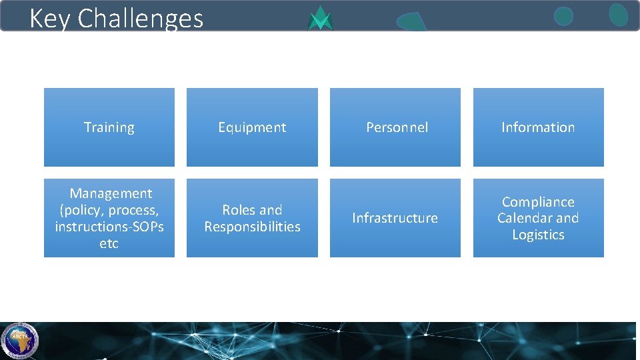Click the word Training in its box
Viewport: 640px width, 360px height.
109,127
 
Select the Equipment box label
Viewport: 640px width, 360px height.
252,127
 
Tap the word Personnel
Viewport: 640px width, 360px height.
397,127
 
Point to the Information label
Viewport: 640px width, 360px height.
538,127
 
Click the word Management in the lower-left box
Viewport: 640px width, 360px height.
111,193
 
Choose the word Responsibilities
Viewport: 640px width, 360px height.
252,227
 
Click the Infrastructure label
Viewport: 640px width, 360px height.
395,218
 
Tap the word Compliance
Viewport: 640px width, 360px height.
538,202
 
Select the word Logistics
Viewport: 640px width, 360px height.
538,235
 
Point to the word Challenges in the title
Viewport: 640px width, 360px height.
140,18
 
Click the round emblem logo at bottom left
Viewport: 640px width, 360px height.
19,340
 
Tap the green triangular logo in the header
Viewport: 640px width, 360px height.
321,19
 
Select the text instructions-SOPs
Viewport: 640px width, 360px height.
109,227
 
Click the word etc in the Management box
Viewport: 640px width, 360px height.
109,243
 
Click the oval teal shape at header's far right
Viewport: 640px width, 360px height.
618,15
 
